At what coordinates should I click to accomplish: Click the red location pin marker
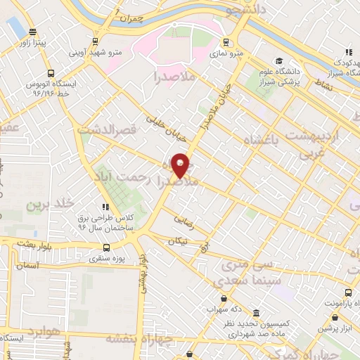tap(181, 165)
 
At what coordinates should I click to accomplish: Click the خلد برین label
tap(50, 204)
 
